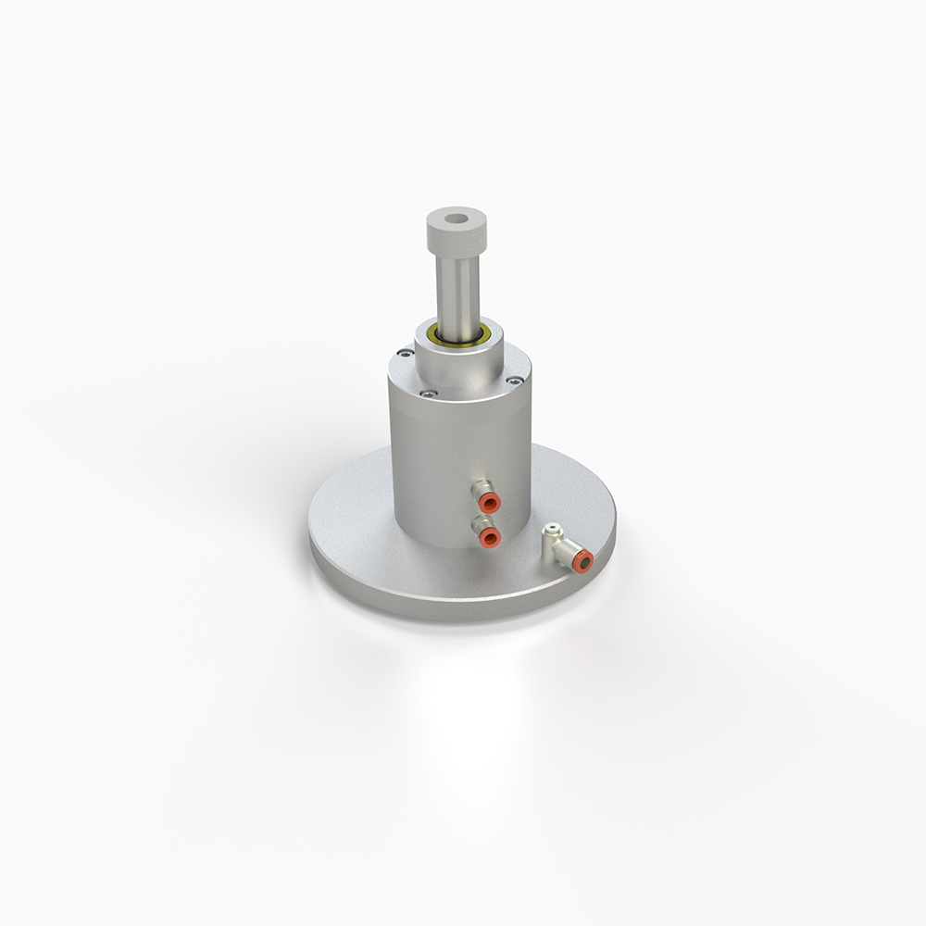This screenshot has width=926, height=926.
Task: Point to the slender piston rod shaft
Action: [457, 292]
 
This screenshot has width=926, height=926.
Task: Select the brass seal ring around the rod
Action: [458, 334]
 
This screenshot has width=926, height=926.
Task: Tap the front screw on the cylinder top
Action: [427, 393]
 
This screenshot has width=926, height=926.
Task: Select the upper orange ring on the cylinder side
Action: [491, 503]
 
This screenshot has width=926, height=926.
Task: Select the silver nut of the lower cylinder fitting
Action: [478, 524]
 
